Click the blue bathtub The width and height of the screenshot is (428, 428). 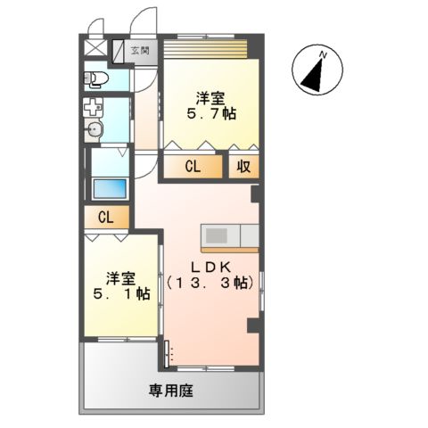click(109, 190)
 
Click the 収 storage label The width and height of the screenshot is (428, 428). click(243, 166)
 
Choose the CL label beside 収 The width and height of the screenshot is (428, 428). click(193, 166)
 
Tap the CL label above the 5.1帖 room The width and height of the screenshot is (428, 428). click(105, 217)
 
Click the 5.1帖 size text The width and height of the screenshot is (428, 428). click(123, 294)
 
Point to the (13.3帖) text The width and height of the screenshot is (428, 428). click(212, 283)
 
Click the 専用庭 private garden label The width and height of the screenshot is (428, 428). click(170, 391)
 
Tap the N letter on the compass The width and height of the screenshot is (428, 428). click(324, 55)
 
